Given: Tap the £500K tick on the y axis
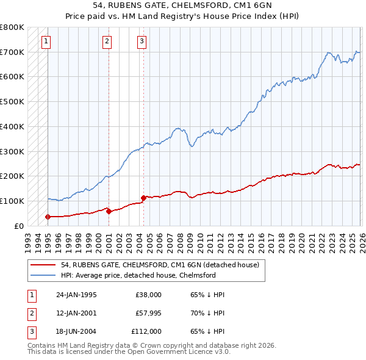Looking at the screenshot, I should (x=12, y=101).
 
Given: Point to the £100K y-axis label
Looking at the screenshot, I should (x=12, y=201).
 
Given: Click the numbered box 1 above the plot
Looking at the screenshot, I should (x=46, y=41).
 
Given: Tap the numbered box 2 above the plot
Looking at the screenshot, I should (x=107, y=41).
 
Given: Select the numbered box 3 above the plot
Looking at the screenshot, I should (x=142, y=41).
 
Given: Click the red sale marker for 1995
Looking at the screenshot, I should (x=48, y=217).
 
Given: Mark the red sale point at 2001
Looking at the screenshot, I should (x=109, y=212).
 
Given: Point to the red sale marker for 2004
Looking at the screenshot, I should (x=143, y=198).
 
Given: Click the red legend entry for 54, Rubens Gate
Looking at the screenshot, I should (x=160, y=265).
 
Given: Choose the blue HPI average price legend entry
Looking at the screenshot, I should (x=138, y=275).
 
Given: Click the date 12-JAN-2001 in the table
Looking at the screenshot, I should (x=76, y=313).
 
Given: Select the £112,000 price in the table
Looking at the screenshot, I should (x=146, y=331).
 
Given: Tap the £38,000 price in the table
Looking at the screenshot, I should (x=148, y=295).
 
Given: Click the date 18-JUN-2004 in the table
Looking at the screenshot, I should (x=76, y=331).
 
